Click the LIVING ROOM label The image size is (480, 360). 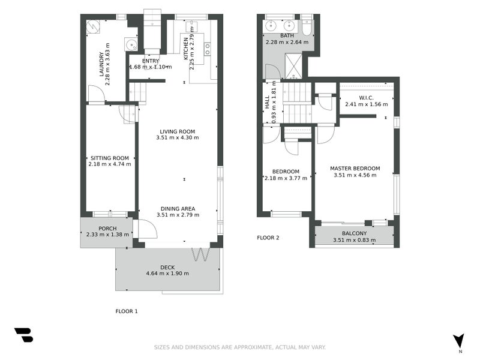point(177,131)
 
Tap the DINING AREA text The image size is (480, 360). point(177,208)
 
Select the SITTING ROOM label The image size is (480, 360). point(109,157)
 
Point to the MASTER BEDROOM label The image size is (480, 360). point(355,169)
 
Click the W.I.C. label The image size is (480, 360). point(366,97)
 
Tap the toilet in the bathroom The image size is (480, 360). point(307,28)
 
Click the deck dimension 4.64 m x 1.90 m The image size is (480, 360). point(167,274)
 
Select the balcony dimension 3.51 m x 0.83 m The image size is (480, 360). point(354,241)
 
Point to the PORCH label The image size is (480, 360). point(107,228)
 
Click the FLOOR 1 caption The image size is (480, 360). point(127,311)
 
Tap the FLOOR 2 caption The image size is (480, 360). point(268,238)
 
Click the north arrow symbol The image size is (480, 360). point(459,340)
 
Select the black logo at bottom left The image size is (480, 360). point(23,335)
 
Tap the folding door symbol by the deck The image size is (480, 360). point(200,254)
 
